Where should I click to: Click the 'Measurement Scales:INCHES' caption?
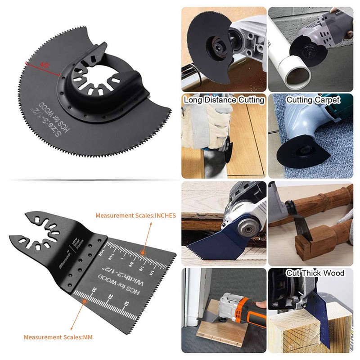coord(135,216)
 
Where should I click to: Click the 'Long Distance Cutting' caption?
coord(224,100)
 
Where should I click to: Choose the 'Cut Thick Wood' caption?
coord(315,273)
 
